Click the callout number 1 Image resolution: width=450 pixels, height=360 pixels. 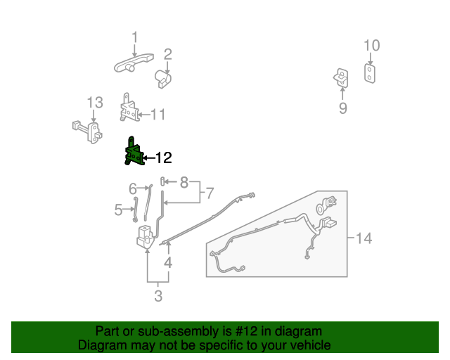[134, 37]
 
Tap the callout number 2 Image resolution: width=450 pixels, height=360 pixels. [168, 54]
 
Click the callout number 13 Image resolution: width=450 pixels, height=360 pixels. [94, 103]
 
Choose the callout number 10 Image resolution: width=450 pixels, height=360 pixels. [371, 46]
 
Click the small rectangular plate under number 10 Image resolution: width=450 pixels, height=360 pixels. [369, 73]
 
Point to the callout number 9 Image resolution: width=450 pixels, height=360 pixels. [343, 108]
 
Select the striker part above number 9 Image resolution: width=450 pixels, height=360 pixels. [341, 77]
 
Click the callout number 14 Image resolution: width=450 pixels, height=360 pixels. [363, 238]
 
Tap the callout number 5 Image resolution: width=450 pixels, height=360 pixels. [118, 209]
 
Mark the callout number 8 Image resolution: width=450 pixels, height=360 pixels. [184, 183]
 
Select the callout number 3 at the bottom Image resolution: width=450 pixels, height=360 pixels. [158, 296]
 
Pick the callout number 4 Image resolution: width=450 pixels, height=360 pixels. [168, 264]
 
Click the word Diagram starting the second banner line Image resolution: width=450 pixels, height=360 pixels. [99, 345]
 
